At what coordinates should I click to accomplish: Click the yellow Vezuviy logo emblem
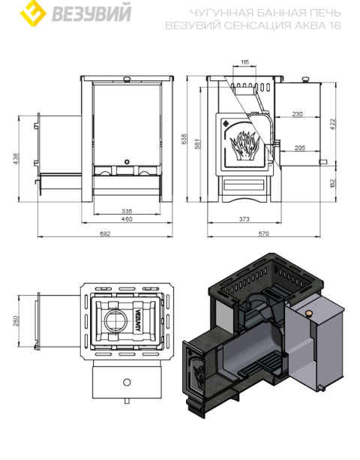[33, 14]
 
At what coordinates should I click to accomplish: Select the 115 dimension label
[244, 62]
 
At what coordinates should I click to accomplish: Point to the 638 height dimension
[184, 139]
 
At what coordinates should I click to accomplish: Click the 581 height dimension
[197, 144]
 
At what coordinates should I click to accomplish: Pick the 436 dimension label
[16, 159]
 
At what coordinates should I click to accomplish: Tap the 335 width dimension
[127, 211]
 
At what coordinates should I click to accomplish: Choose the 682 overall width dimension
[105, 233]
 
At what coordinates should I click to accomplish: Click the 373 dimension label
[244, 219]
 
